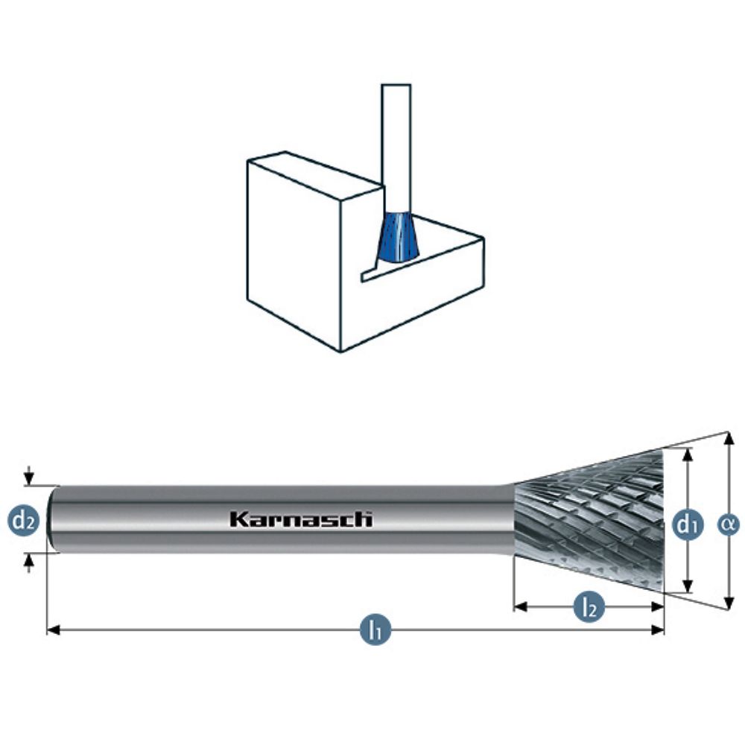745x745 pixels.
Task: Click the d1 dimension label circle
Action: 688,525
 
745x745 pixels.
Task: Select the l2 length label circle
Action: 589,606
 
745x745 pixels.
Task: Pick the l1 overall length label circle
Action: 375,630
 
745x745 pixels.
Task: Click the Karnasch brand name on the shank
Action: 301,519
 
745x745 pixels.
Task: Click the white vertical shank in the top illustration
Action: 396,148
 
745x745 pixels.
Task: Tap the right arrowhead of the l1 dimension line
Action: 657,630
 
